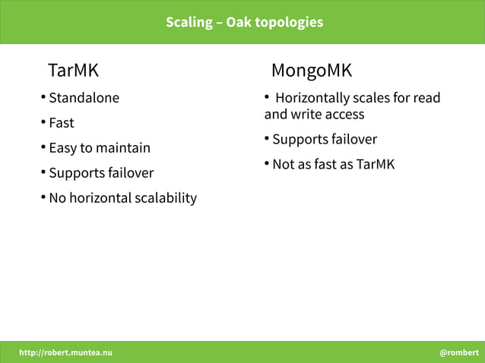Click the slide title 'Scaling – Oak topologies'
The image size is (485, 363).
pos(244,22)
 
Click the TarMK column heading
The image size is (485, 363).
pos(73,71)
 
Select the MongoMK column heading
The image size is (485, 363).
pos(312,71)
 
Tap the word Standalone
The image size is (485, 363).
pos(84,98)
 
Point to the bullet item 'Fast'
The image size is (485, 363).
pos(62,123)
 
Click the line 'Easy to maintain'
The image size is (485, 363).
pos(100,148)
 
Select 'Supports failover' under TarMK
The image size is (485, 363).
pos(101,173)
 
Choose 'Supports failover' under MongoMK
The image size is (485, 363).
pos(325,140)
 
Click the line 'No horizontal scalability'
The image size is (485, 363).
pos(122,198)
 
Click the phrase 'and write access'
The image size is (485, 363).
pos(314,115)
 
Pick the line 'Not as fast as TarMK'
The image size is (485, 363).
pos(333,165)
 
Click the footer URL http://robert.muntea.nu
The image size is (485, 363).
pos(65,352)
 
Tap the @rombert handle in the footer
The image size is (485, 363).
pos(458,352)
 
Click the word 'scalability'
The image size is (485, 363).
pos(165,198)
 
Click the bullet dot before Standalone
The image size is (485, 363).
pos(43,97)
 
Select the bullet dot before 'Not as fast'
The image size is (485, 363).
pos(267,164)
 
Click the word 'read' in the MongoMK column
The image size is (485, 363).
pos(426,98)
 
